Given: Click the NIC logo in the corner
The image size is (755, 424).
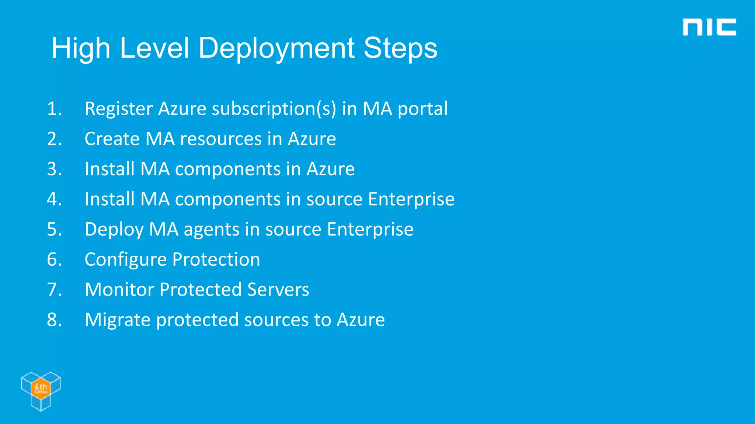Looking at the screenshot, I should pos(709,27).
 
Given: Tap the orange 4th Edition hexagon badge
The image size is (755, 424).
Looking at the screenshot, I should pos(41,388).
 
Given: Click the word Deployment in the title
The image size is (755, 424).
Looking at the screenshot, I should pos(276,48).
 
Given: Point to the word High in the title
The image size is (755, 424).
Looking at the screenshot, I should pos(81,48).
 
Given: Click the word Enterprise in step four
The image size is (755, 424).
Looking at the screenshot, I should pos(411,199).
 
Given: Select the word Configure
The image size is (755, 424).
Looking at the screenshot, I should pos(125,260).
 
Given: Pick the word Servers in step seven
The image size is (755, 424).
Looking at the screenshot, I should pos(278,290).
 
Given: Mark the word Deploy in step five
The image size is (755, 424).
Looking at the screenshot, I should pos(114,230).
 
